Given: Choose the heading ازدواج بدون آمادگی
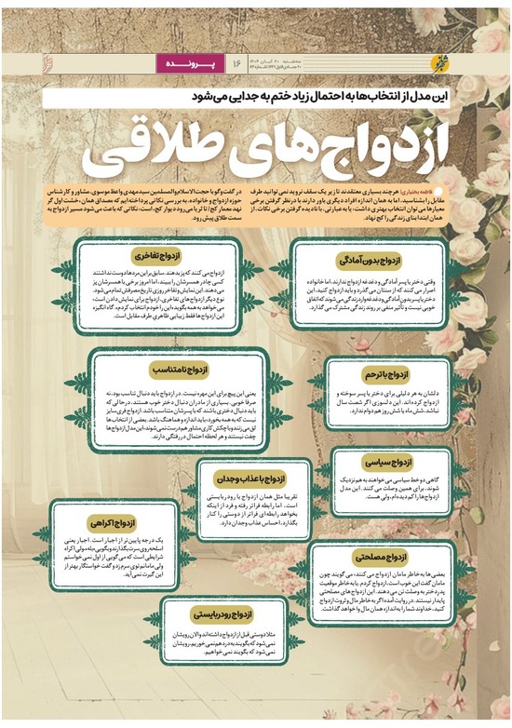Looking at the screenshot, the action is click(377, 262).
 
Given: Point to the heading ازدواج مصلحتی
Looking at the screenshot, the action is click(380, 556).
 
